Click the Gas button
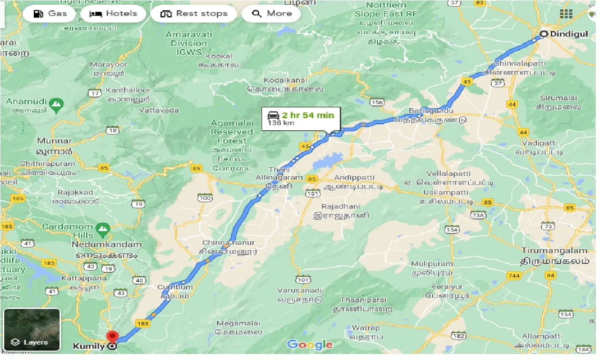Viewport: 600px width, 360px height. [51, 14]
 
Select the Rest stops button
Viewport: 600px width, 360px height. [194, 14]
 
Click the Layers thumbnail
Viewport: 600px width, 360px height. [32, 330]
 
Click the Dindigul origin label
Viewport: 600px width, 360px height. [569, 34]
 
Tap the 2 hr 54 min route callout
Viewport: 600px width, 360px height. [301, 119]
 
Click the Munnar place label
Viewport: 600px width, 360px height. [54, 141]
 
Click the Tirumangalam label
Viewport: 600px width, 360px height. [555, 251]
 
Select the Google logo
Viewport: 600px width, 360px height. [310, 345]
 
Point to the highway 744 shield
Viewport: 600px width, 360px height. [514, 276]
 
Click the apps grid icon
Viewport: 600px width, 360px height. [566, 14]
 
